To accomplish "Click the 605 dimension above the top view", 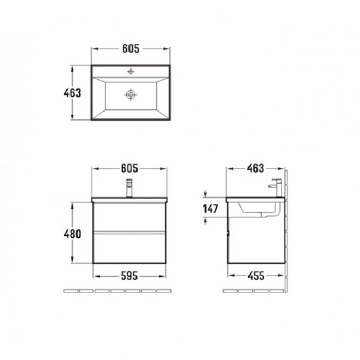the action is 131,48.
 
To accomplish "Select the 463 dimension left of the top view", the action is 72,93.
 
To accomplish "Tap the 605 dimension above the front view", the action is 130,168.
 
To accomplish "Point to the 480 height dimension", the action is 72,234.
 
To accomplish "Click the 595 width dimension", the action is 129,276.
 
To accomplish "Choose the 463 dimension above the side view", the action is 255,168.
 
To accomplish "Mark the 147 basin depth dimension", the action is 211,209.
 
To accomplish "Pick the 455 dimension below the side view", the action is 256,276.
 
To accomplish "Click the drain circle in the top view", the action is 131,95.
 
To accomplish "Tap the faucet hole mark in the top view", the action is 131,72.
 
